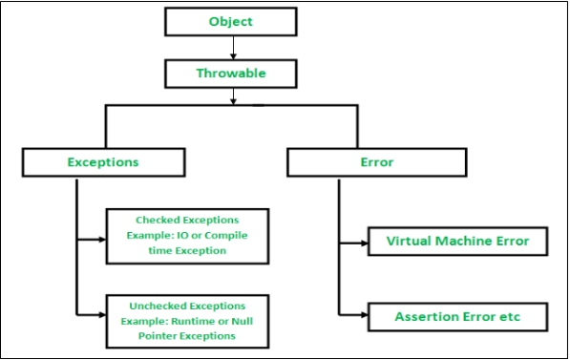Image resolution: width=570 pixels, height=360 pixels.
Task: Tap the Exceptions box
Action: (x=102, y=161)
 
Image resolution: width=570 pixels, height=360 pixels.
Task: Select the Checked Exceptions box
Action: (x=187, y=235)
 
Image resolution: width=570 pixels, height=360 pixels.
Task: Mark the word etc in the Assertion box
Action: (x=508, y=315)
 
